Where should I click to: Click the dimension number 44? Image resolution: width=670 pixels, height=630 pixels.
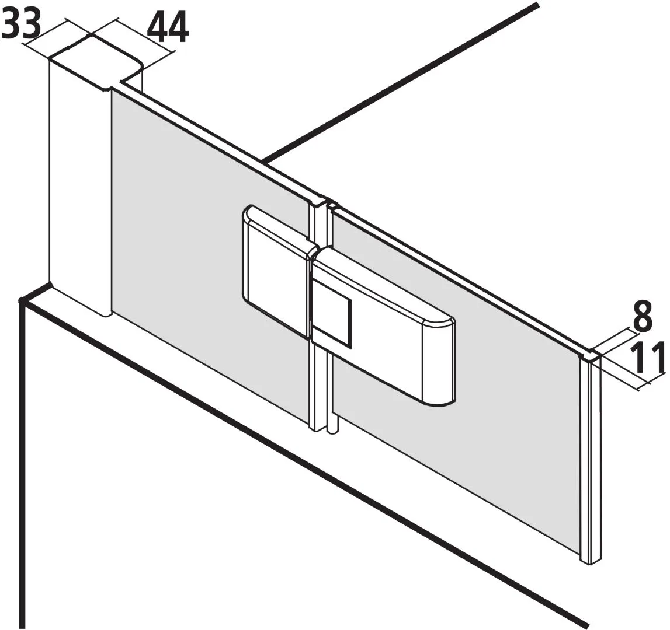pyautogui.click(x=168, y=29)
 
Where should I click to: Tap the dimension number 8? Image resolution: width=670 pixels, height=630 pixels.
pyautogui.click(x=642, y=316)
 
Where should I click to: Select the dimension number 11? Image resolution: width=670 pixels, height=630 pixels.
pyautogui.click(x=648, y=357)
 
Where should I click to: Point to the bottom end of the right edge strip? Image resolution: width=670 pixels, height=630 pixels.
pyautogui.click(x=590, y=562)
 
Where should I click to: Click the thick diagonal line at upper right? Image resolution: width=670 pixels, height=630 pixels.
pyautogui.click(x=400, y=83)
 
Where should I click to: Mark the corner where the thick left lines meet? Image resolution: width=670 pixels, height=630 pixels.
pyautogui.click(x=22, y=301)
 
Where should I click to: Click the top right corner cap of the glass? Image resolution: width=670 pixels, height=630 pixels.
pyautogui.click(x=591, y=354)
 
